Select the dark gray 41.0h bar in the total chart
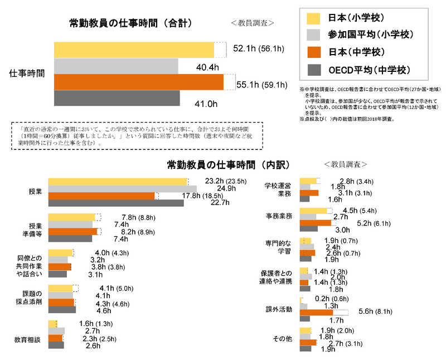pyautogui.click(x=117, y=98)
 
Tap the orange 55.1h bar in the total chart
pyautogui.click(x=139, y=82)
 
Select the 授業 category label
pyautogui.click(x=35, y=192)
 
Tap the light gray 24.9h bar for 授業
pyautogui.click(x=123, y=188)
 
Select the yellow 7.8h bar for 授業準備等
pyautogui.click(x=72, y=217)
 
